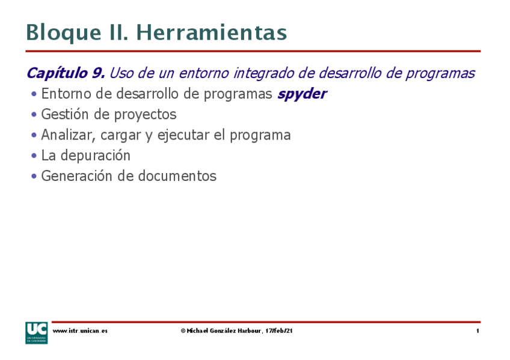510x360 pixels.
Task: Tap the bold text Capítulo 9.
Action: pyautogui.click(x=66, y=74)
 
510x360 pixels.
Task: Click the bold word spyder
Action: pyautogui.click(x=302, y=94)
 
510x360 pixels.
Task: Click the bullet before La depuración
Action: pyautogui.click(x=34, y=156)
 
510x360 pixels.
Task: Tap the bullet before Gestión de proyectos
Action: pyautogui.click(x=34, y=114)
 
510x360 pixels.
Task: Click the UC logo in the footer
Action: pyautogui.click(x=36, y=332)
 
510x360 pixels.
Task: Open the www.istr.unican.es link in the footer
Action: pyautogui.click(x=80, y=331)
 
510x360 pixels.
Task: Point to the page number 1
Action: pyautogui.click(x=478, y=331)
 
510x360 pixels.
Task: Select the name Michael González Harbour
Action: pyautogui.click(x=224, y=331)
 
